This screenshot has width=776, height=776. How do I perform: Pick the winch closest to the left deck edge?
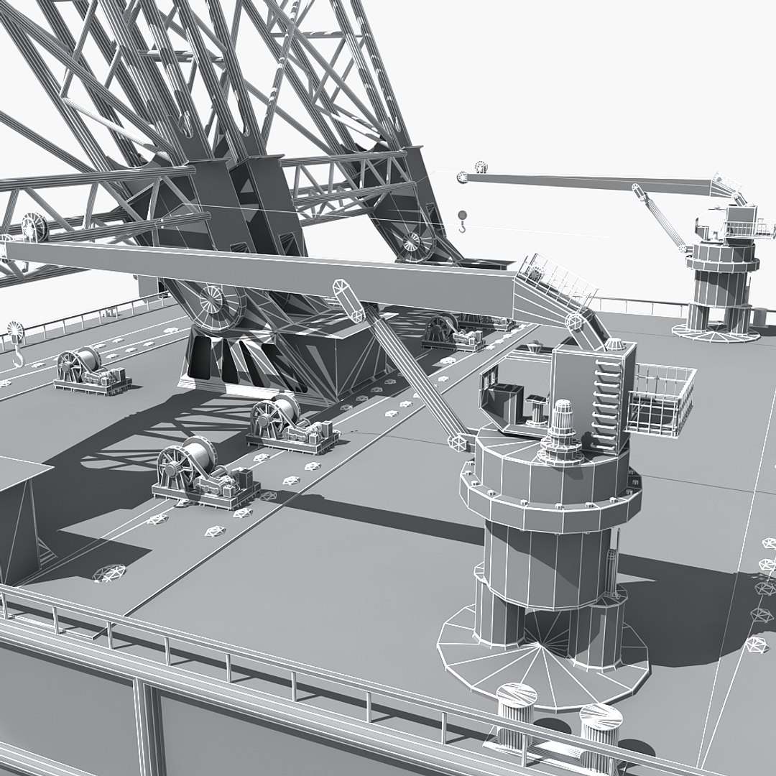(x=90, y=370)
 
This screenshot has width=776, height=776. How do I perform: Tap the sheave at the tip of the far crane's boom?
(x=481, y=169)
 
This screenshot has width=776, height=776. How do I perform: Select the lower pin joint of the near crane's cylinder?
(x=457, y=440)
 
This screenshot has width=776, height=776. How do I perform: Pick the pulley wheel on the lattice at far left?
(x=32, y=226)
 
